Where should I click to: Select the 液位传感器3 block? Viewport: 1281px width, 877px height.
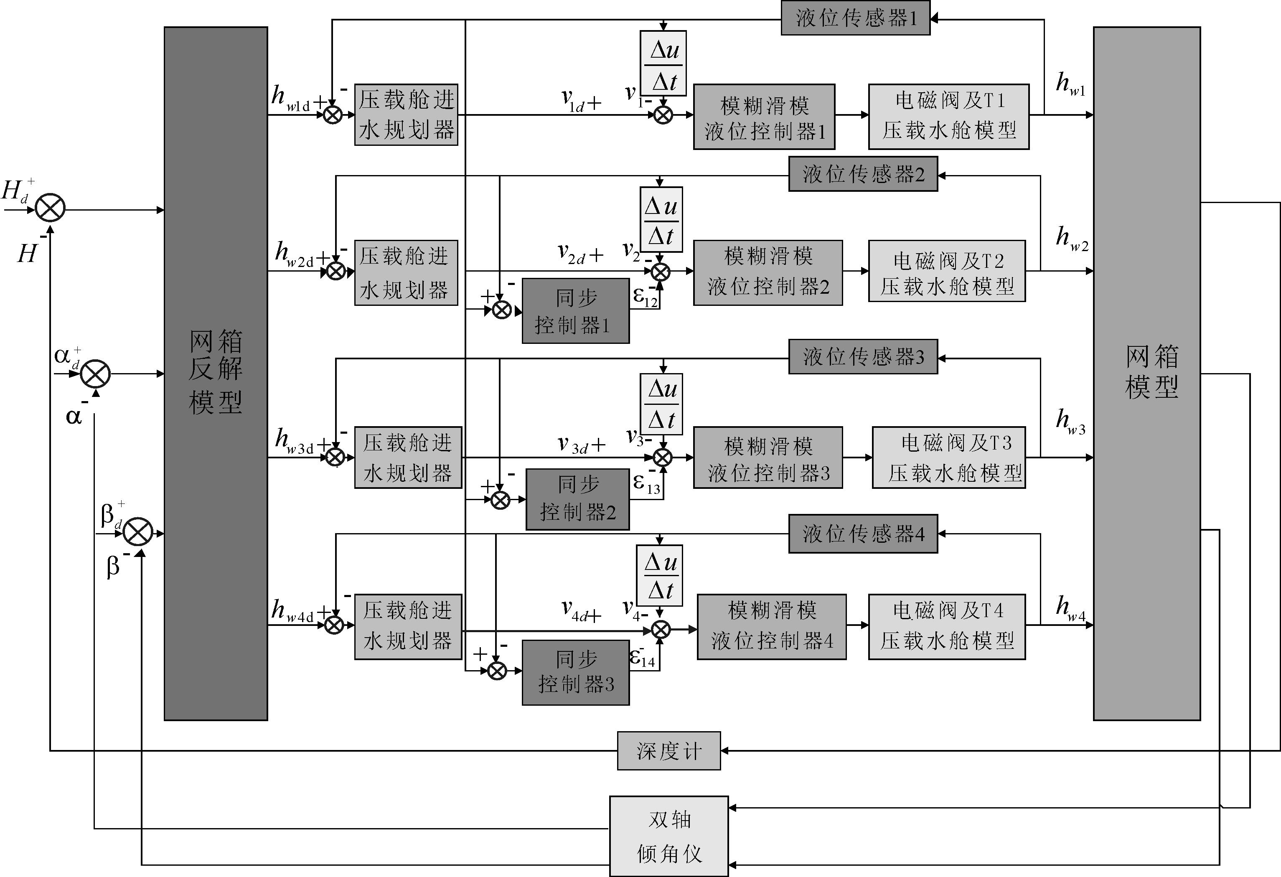click(x=863, y=357)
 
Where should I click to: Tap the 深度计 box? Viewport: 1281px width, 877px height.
click(x=668, y=751)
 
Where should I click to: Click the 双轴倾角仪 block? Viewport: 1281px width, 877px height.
click(x=668, y=836)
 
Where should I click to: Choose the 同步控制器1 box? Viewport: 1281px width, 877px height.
click(x=575, y=311)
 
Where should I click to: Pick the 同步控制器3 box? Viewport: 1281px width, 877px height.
click(x=575, y=672)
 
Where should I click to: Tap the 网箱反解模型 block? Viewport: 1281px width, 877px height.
click(x=216, y=373)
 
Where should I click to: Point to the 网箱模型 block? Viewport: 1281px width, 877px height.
click(x=1146, y=373)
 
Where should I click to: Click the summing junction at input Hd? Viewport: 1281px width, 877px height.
click(x=50, y=209)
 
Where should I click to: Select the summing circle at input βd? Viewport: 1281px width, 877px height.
click(x=138, y=533)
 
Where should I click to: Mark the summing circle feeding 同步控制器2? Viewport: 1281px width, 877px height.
click(x=500, y=500)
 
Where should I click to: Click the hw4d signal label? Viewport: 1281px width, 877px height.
click(x=293, y=611)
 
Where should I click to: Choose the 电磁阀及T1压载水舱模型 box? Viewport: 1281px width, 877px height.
click(x=948, y=116)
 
